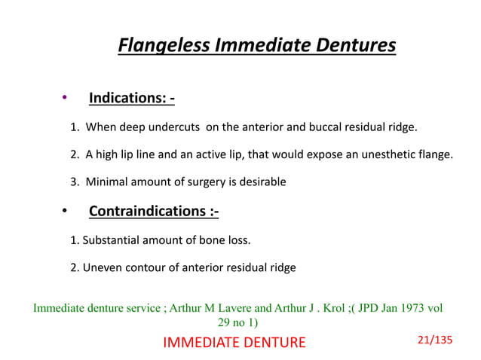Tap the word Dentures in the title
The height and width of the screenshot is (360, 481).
(354, 46)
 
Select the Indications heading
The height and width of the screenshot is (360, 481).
(132, 99)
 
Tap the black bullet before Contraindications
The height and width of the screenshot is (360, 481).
(65, 210)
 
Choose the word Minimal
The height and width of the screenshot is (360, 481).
(108, 182)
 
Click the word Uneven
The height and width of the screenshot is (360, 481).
(100, 267)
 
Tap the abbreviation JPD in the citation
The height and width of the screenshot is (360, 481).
(365, 308)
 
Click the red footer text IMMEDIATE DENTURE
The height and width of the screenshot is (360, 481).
(234, 343)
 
